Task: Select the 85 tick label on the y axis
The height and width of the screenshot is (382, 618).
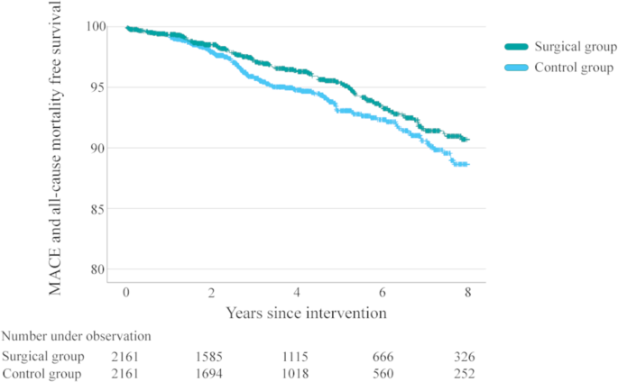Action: (97, 209)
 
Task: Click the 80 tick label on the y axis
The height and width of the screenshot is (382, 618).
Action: (97, 269)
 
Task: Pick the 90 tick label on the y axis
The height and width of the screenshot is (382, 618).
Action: (97, 148)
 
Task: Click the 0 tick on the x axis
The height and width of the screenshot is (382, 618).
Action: (126, 294)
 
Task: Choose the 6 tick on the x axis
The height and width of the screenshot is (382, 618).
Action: (383, 294)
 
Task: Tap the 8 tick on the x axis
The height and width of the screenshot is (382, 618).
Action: (467, 294)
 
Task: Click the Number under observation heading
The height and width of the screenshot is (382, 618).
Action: (76, 336)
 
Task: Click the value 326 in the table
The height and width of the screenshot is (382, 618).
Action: (464, 356)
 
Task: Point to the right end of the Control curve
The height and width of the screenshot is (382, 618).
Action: (468, 164)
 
